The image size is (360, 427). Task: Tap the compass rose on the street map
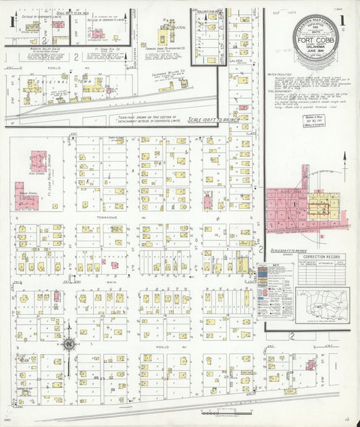(69, 345)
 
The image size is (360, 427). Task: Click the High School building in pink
(38, 161)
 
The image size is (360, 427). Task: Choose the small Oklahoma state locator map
(322, 305)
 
